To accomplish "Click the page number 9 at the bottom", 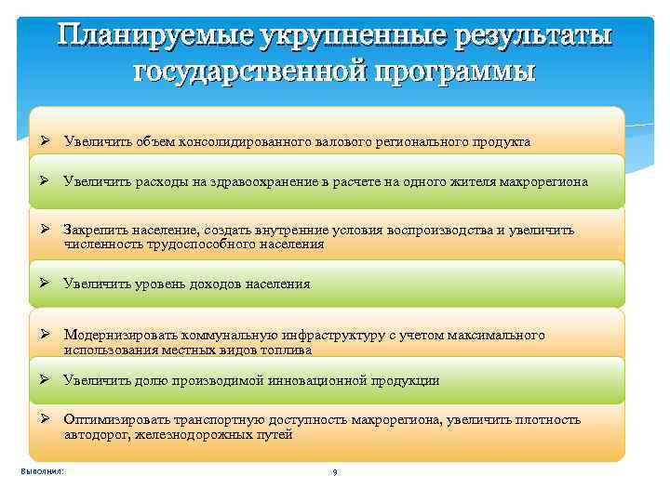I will pos(334,473).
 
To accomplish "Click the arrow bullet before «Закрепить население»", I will pos(45,229).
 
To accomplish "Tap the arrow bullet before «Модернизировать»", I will pos(45,335).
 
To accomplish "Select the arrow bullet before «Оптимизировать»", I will pos(45,419).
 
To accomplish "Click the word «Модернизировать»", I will pos(121,335).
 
